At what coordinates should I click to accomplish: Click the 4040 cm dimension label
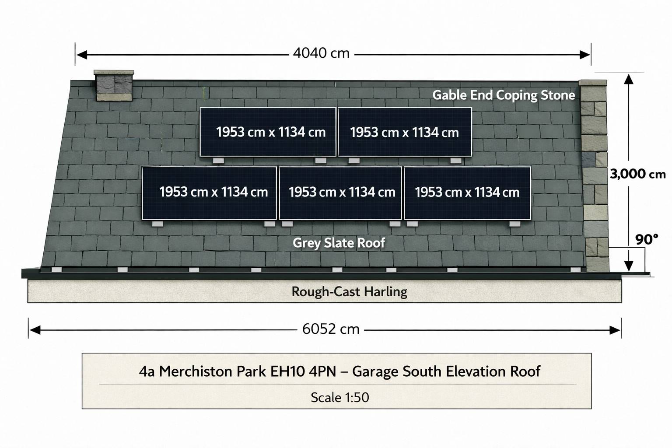coord(321,53)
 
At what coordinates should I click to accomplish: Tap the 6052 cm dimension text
coord(331,329)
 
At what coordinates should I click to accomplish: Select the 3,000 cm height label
coord(638,174)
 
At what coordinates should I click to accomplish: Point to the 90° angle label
coord(647,239)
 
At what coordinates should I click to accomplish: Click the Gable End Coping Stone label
coord(504,95)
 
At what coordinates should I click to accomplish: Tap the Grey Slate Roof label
coord(339,243)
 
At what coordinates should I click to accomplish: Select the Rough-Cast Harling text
coord(350,292)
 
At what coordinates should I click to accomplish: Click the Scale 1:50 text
coord(340,397)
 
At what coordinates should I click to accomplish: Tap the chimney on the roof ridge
coord(114,85)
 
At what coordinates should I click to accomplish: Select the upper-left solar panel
coord(268,132)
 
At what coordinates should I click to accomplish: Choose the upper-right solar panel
coord(405,132)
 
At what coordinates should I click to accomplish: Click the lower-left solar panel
coord(209,193)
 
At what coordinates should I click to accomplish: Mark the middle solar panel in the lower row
coord(340,193)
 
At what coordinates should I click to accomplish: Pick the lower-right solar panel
coord(467,193)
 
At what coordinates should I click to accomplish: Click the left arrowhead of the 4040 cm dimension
coord(82,55)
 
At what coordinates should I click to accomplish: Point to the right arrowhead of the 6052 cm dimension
coord(615,330)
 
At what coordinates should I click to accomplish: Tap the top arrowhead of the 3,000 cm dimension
coord(629,79)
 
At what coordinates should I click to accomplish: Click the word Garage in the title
coord(375,371)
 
